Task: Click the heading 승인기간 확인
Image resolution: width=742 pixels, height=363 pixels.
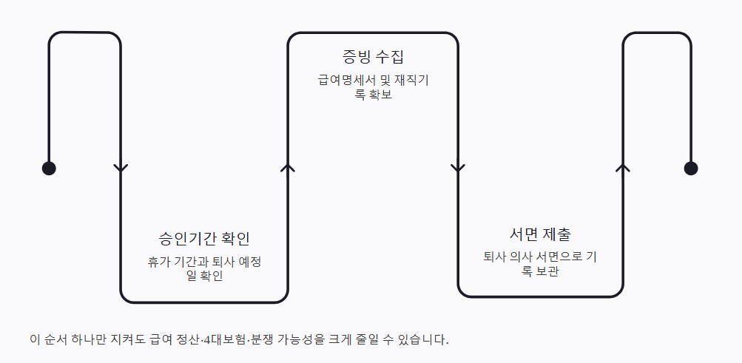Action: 205,239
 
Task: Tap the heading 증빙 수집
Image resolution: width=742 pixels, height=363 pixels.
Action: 373,57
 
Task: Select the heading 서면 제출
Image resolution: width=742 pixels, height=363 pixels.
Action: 540,234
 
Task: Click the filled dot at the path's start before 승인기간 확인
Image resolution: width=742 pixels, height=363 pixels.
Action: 49,168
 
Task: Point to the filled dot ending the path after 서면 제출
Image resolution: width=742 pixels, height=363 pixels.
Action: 691,168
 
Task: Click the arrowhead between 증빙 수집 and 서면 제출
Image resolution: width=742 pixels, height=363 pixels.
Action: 458,168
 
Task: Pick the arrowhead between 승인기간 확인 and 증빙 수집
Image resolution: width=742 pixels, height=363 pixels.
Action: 289,168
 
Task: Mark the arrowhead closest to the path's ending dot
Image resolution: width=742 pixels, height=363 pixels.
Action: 624,168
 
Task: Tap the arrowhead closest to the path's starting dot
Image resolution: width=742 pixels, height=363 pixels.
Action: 121,168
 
